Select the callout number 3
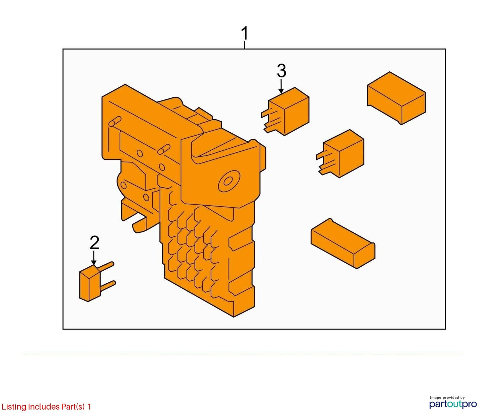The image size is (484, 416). coord(281,71)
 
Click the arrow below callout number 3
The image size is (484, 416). coord(281,87)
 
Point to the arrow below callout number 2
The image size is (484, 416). coord(94,258)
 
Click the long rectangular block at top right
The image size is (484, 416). coord(396,98)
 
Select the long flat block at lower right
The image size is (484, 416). coord(343,244)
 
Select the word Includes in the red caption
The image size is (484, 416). coord(44,407)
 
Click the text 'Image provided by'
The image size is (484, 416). coord(447,398)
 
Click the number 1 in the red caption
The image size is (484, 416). coord(89,407)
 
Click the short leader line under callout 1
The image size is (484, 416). coord(245,45)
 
